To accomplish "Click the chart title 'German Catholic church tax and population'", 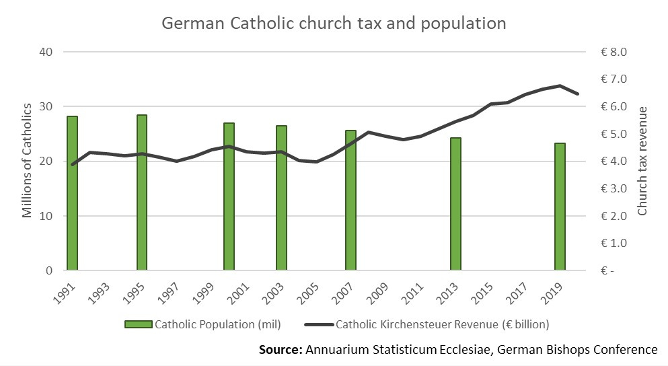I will tap(334, 24).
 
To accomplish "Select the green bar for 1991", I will tap(72, 194).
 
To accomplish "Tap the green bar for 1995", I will tap(142, 193).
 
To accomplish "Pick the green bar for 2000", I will tap(229, 197).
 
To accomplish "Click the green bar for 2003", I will tap(281, 198).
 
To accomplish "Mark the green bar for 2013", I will tap(455, 205).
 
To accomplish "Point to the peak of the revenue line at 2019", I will tap(560, 85).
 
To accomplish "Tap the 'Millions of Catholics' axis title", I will tap(28, 161).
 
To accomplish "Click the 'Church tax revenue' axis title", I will tap(642, 161).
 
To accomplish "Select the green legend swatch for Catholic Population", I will tap(139, 324).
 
